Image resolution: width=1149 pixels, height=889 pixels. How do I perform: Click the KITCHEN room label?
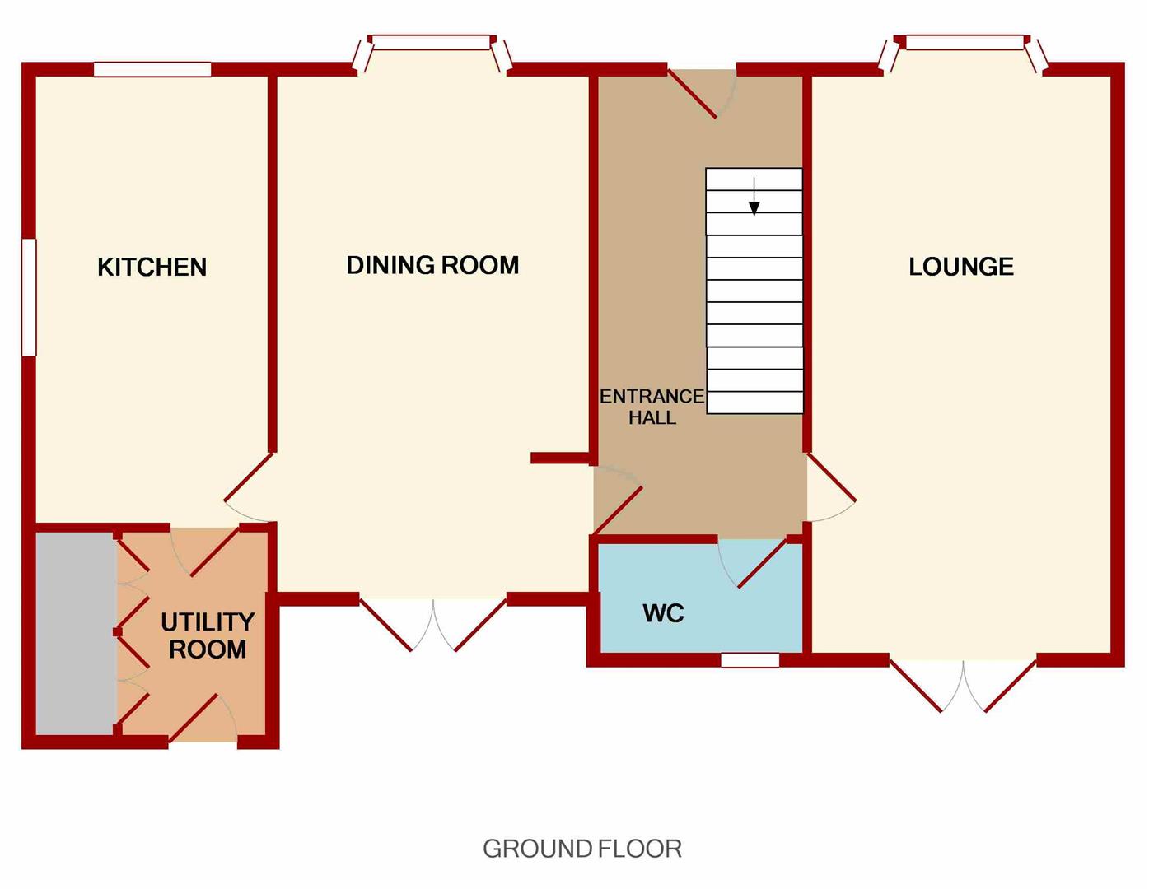[152, 267]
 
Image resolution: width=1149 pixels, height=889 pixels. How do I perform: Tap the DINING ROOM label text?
[432, 265]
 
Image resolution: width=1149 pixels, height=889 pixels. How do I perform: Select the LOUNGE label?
[960, 267]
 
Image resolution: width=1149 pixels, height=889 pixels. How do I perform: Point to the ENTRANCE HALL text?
[652, 407]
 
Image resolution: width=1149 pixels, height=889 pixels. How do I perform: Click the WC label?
[663, 613]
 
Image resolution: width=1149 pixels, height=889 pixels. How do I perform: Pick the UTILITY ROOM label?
[207, 635]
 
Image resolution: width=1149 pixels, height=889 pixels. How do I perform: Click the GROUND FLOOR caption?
[582, 849]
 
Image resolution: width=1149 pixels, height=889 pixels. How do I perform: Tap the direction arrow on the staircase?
[754, 197]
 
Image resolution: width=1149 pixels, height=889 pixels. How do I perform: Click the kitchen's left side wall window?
[29, 297]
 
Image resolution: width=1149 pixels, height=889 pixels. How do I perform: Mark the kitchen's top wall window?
[152, 70]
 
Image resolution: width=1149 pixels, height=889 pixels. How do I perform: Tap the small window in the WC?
[750, 660]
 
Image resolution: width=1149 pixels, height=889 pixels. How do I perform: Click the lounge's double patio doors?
[962, 683]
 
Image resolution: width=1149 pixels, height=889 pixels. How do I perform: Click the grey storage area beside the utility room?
[75, 632]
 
